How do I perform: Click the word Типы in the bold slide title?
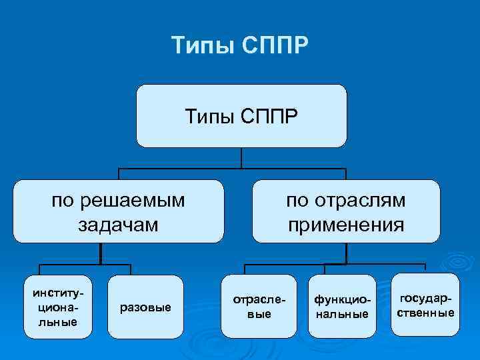pos(198,47)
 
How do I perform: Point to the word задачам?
pos(119,224)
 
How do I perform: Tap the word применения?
pos(346,224)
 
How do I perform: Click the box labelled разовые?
pos(145,307)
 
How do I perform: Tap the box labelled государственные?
pos(427,305)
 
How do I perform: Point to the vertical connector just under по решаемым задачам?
pos(100,253)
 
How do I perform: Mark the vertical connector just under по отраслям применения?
pos(346,253)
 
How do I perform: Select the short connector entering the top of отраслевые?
pos(246,269)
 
